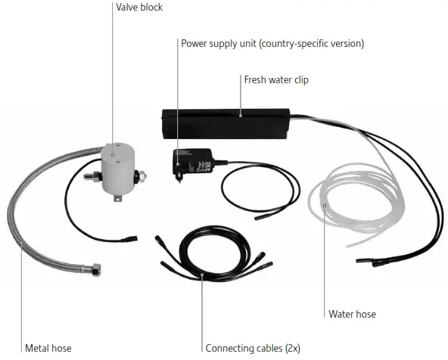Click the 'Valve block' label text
(138, 8)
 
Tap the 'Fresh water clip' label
(275, 79)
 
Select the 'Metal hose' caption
(48, 348)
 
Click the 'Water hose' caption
(352, 314)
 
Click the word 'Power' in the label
(194, 43)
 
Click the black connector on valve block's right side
(139, 179)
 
